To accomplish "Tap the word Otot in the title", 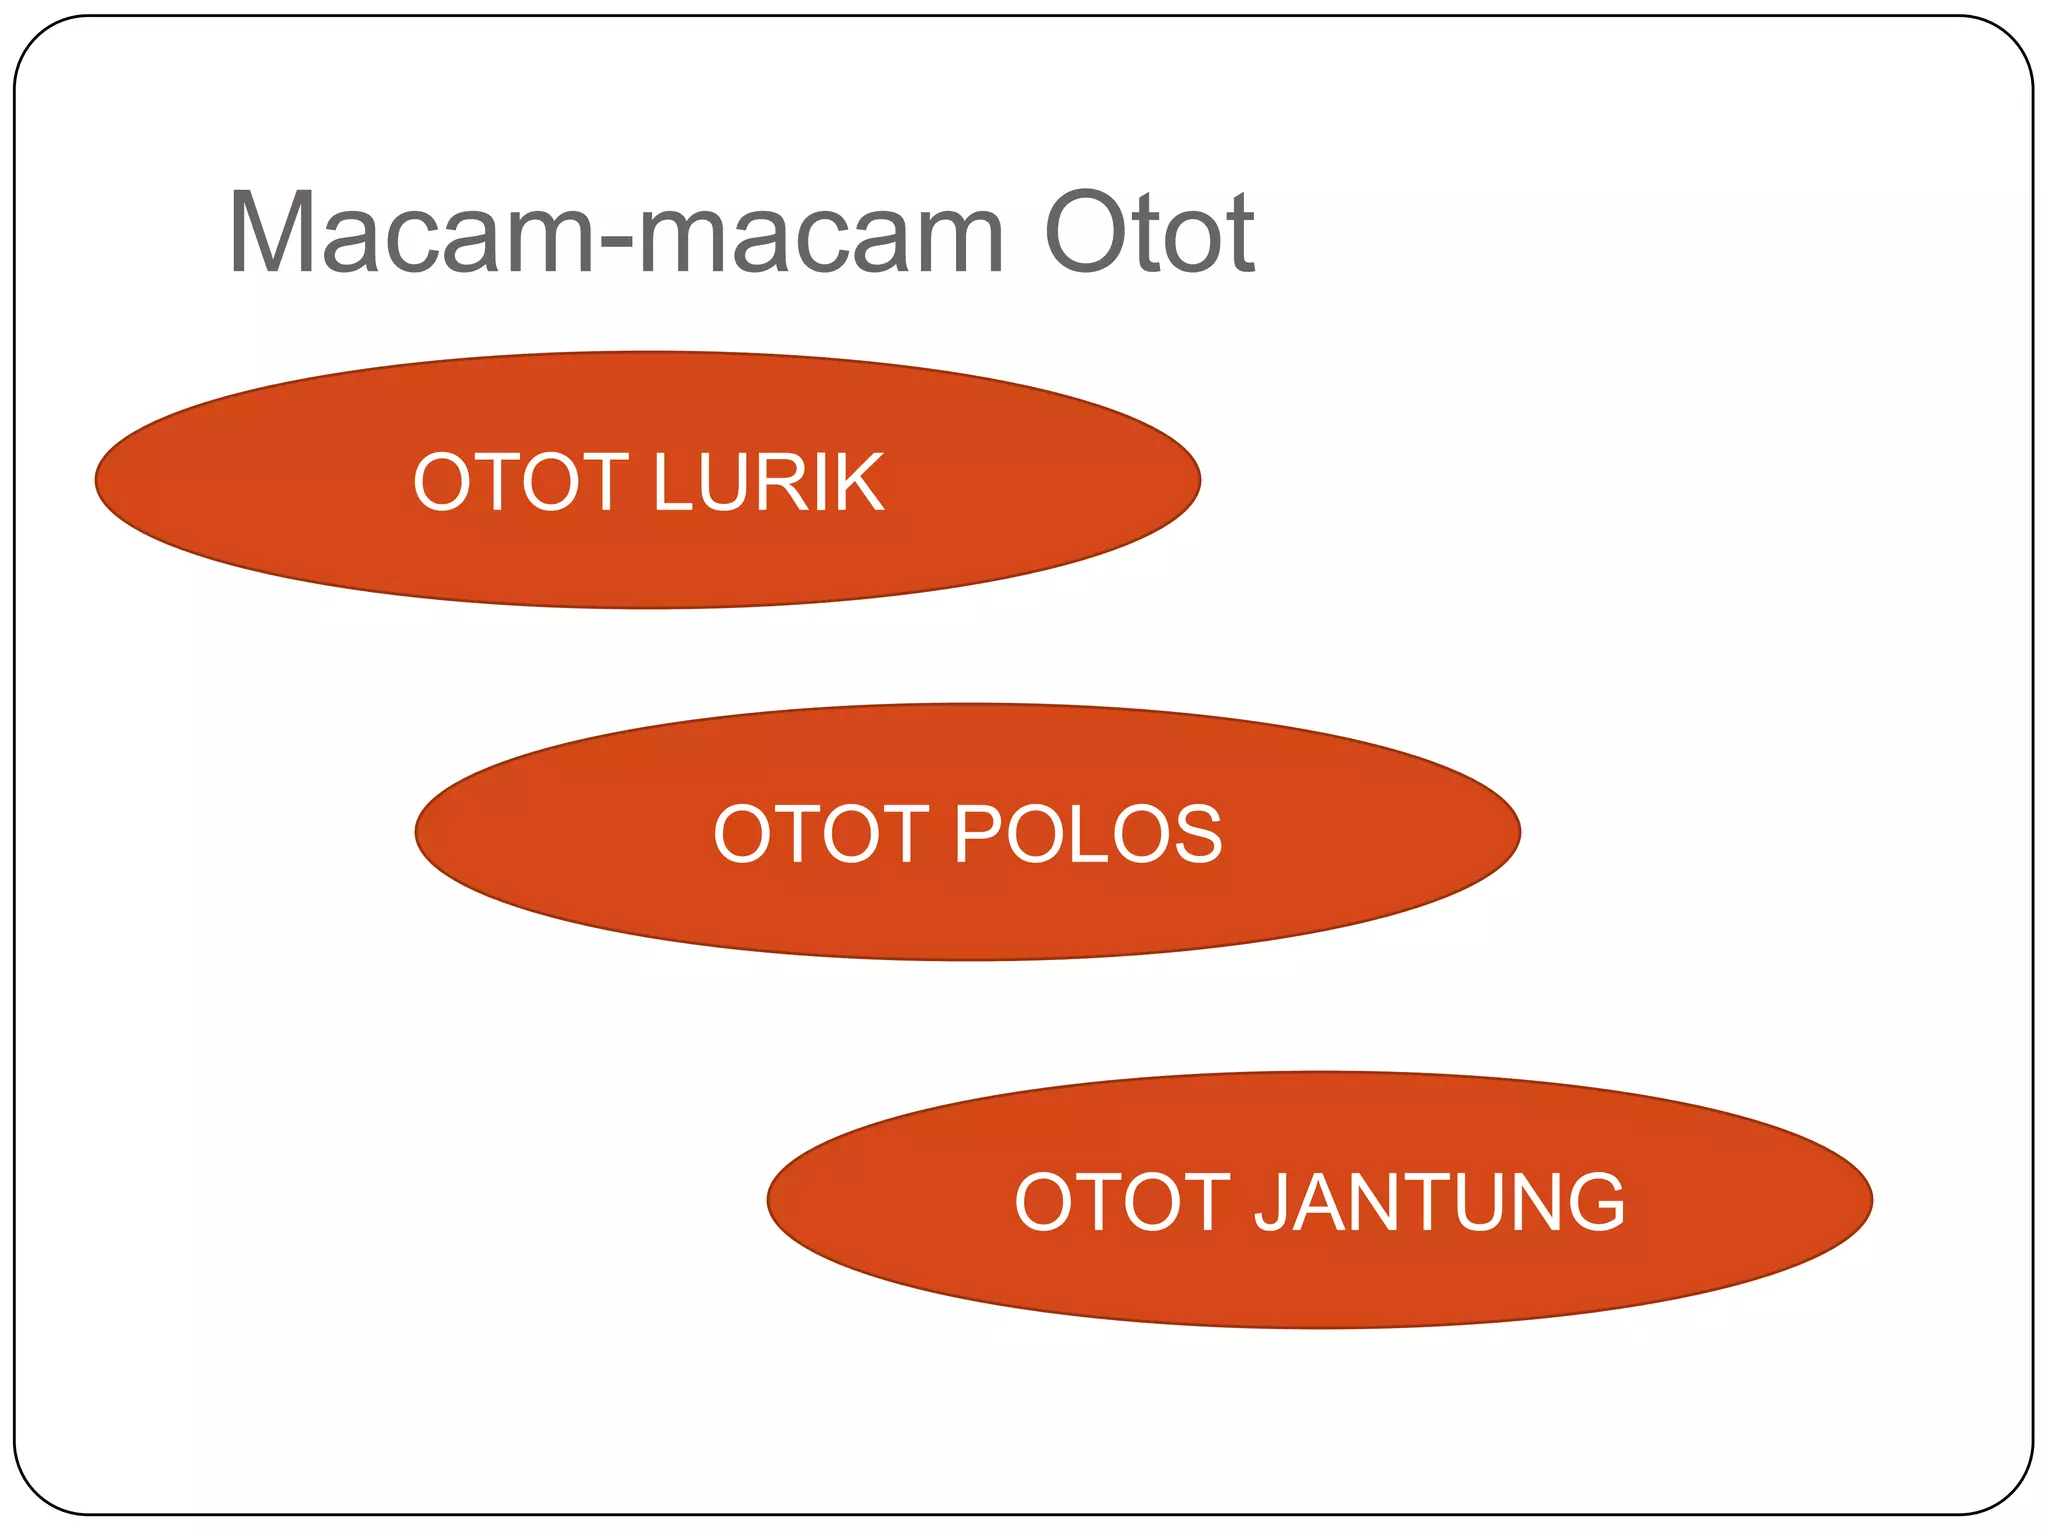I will point(1148,233).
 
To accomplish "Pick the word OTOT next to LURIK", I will point(520,482).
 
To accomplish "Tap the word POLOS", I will point(1088,834).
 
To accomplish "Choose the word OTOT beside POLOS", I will point(821,834).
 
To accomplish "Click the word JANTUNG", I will point(1440,1201).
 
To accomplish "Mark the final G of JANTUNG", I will point(1595,1201).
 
